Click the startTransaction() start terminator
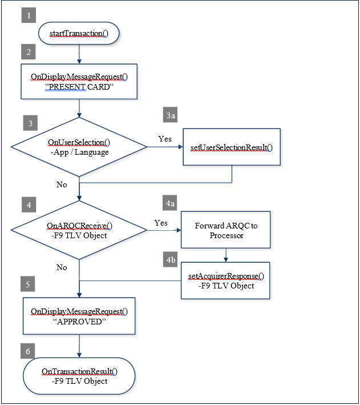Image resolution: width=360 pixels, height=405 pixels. [79, 33]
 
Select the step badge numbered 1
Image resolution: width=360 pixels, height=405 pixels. [29, 15]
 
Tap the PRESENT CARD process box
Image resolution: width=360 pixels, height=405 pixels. [79, 82]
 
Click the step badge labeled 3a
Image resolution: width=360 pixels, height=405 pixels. [170, 115]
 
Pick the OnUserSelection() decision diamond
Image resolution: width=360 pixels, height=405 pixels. [79, 147]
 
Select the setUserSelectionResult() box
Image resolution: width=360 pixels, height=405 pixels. [232, 147]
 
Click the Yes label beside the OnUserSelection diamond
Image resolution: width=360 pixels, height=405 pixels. [165, 139]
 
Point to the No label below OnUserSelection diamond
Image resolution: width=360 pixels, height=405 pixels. [62, 185]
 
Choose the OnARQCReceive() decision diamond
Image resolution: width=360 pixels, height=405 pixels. [79, 230]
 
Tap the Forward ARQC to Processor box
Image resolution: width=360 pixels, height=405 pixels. [226, 230]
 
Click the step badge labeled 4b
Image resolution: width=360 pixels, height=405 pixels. [171, 259]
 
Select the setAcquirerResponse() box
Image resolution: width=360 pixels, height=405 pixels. [225, 281]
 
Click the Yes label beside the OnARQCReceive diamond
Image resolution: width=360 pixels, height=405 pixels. [161, 223]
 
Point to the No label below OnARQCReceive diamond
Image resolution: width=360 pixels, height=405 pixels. [62, 267]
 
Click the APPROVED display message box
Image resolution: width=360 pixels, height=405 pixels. [79, 316]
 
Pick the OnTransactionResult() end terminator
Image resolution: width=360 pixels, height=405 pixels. [79, 376]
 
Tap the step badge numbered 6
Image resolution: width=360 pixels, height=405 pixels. [27, 351]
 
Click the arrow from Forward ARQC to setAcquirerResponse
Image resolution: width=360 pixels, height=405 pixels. [226, 255]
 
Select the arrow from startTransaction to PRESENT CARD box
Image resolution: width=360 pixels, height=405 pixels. [79, 54]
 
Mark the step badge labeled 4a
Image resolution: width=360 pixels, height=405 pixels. [170, 203]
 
